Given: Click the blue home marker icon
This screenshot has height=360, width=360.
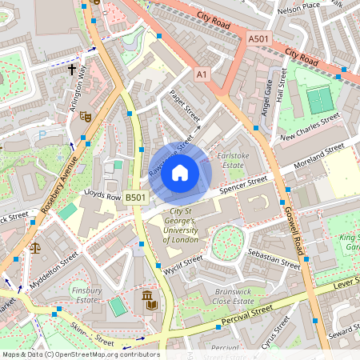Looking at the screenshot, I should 180,172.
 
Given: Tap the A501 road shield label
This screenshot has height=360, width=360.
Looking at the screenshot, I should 259,38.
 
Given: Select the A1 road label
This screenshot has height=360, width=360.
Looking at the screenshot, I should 202,74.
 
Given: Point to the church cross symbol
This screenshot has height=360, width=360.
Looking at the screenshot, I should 71,70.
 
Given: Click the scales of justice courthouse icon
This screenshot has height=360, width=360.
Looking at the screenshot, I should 34,249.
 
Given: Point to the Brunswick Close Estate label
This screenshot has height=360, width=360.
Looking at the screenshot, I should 234,298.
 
